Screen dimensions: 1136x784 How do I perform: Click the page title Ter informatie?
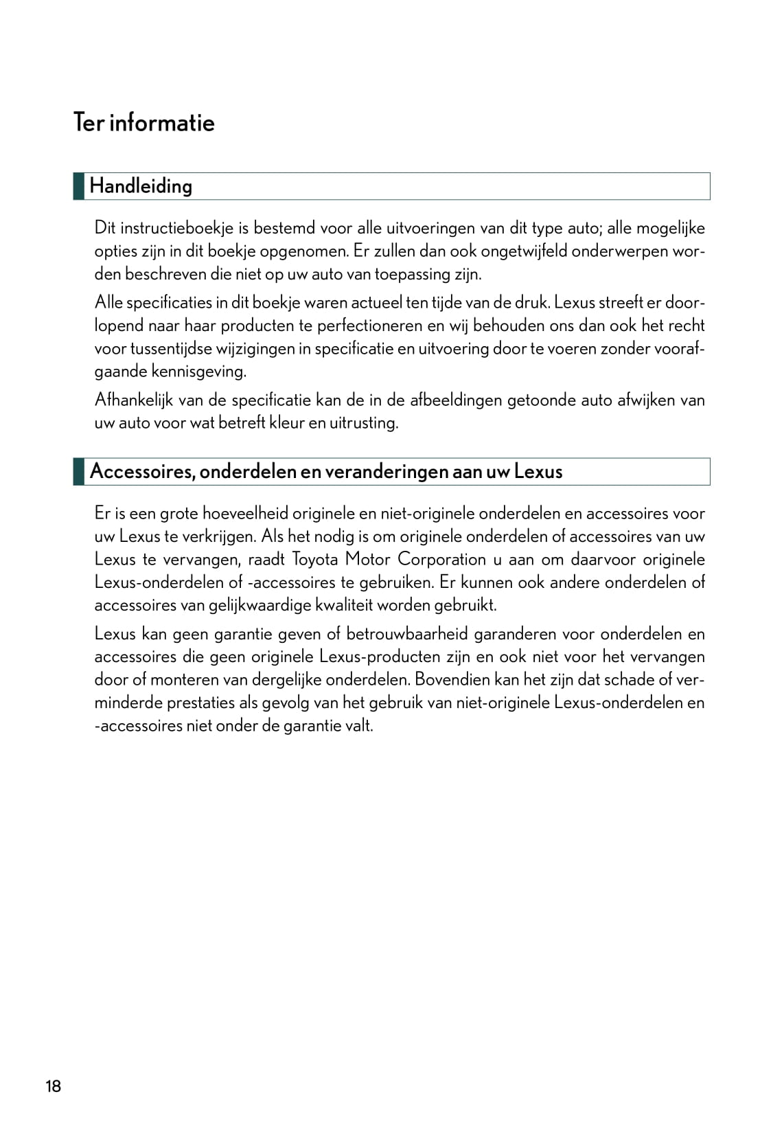click(x=143, y=123)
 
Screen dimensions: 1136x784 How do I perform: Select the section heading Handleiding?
click(x=141, y=186)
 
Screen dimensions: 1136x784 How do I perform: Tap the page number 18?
click(x=53, y=1086)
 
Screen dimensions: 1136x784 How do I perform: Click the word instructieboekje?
click(x=177, y=228)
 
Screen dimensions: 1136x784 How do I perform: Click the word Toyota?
click(x=315, y=559)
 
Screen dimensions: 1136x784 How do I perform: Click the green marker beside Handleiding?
click(x=79, y=186)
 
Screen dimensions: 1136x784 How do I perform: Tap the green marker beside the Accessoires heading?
click(x=79, y=472)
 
